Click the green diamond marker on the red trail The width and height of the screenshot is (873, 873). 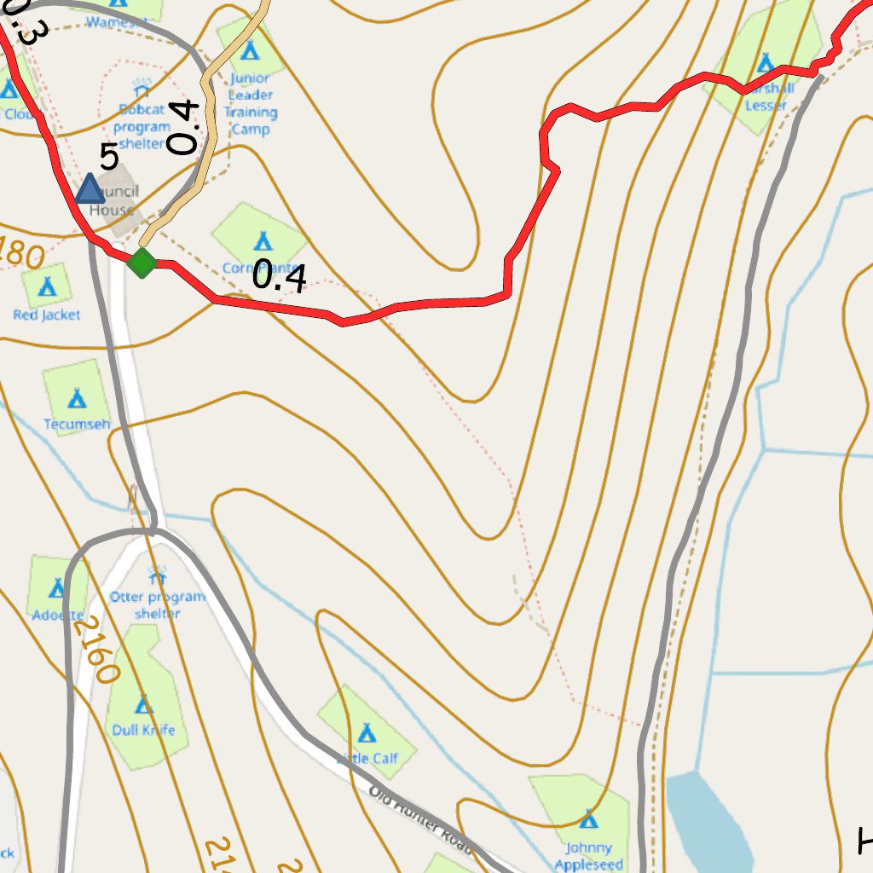142,263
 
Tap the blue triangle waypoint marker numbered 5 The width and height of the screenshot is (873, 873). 90,189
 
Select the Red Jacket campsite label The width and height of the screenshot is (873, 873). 47,315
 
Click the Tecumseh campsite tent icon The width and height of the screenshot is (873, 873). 77,397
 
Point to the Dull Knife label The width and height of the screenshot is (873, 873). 143,730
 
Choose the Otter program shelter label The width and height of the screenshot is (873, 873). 158,604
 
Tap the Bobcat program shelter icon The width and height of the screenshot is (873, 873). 142,88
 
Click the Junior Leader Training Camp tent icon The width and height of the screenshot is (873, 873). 249,51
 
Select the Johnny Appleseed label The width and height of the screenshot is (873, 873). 588,855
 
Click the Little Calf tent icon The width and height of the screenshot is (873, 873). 367,732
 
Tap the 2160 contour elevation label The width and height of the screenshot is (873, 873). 95,650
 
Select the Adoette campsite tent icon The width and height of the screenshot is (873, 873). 56,587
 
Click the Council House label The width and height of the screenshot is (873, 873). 113,201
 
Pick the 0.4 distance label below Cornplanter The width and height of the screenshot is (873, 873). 280,276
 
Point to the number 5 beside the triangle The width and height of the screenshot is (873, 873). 108,158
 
